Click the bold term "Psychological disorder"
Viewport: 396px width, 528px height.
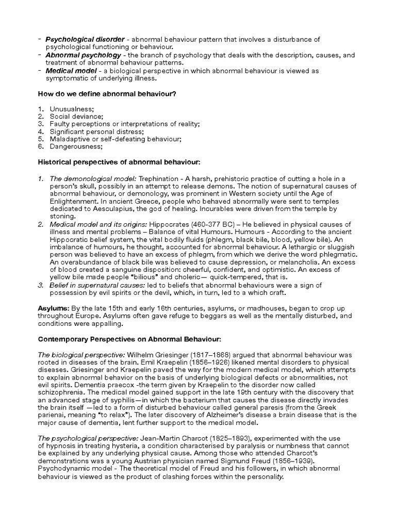pos(85,40)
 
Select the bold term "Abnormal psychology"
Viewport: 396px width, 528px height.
pos(84,55)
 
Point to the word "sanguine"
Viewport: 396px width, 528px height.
pos(136,270)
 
